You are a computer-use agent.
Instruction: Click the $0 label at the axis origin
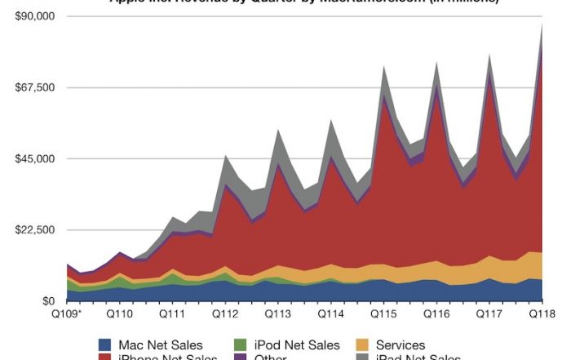48,301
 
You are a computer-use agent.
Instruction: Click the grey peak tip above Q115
383,67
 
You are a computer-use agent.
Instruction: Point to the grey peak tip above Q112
225,155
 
